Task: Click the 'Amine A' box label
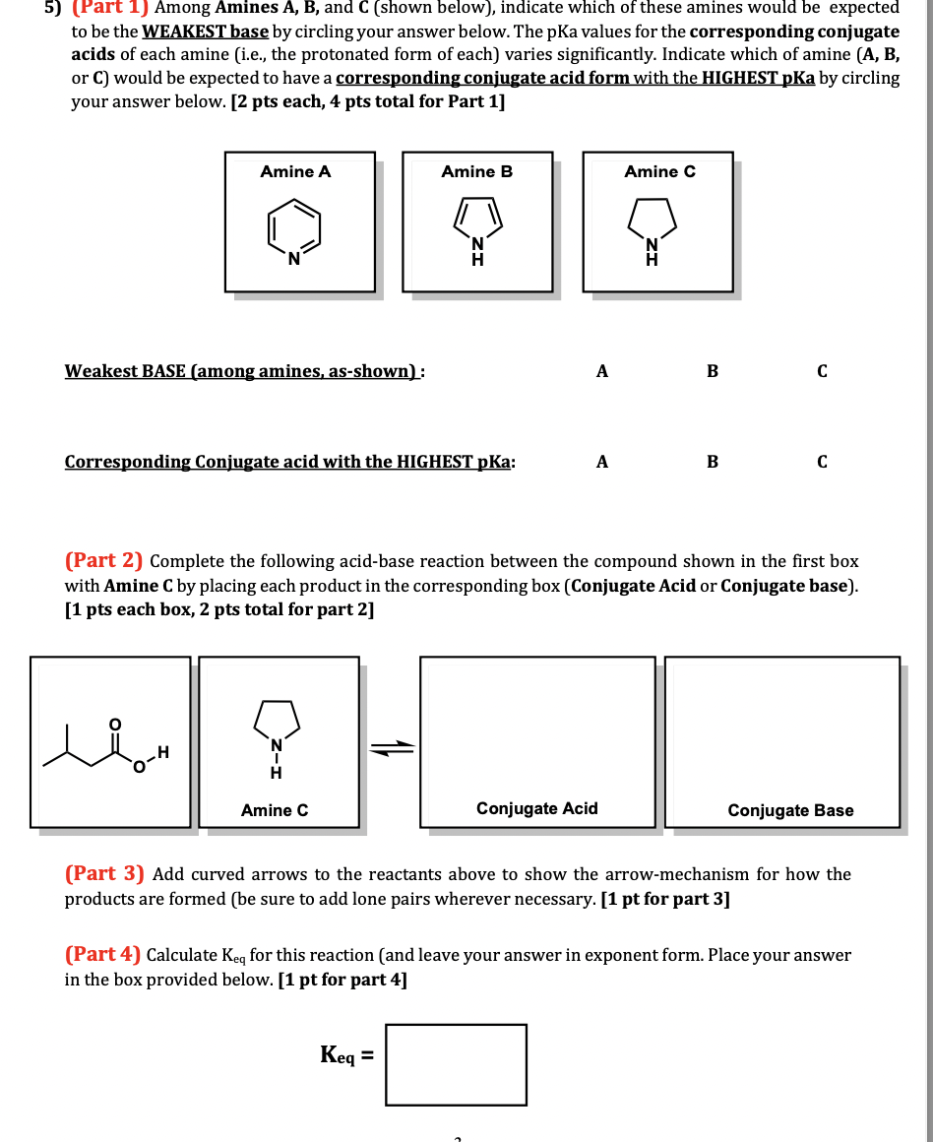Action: tap(295, 171)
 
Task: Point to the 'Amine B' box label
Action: tap(477, 171)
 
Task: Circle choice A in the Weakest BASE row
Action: tap(602, 371)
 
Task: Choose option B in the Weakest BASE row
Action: tap(713, 371)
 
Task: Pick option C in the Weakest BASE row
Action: tap(822, 371)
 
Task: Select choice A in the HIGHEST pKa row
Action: tap(602, 461)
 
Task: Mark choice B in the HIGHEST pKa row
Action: tap(713, 461)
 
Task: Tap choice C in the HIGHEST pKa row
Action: tap(822, 461)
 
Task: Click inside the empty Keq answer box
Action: tap(456, 1064)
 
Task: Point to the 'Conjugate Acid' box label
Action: tap(537, 808)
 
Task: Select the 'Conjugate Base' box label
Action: tap(790, 810)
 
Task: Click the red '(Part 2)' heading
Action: tap(104, 561)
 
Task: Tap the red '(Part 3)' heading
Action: tap(104, 873)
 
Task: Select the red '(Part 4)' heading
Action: tap(104, 954)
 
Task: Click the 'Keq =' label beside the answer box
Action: tap(346, 1055)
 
